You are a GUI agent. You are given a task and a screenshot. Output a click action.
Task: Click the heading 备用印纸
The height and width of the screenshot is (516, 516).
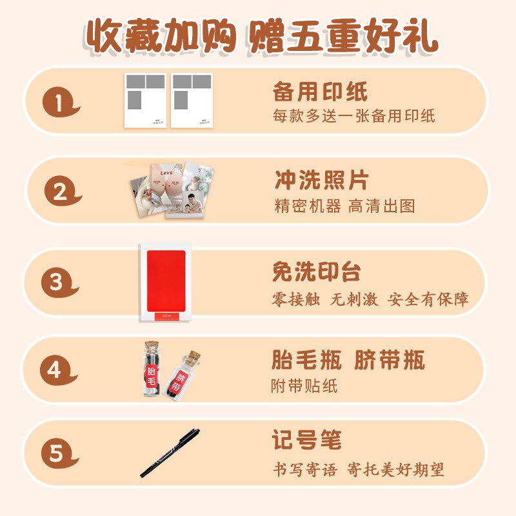(320, 92)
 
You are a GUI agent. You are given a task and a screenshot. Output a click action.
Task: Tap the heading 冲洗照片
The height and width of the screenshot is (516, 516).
(321, 181)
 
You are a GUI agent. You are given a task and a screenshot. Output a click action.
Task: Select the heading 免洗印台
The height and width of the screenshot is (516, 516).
(316, 272)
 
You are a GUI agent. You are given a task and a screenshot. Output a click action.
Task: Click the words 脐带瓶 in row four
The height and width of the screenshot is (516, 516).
(390, 361)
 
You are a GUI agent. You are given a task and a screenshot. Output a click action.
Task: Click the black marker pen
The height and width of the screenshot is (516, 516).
(170, 453)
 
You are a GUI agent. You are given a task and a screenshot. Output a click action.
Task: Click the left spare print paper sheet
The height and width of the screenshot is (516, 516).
(145, 101)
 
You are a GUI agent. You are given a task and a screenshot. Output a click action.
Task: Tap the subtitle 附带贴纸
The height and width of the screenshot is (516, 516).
(304, 386)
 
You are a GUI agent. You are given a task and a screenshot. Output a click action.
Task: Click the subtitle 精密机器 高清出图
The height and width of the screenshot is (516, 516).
(344, 206)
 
